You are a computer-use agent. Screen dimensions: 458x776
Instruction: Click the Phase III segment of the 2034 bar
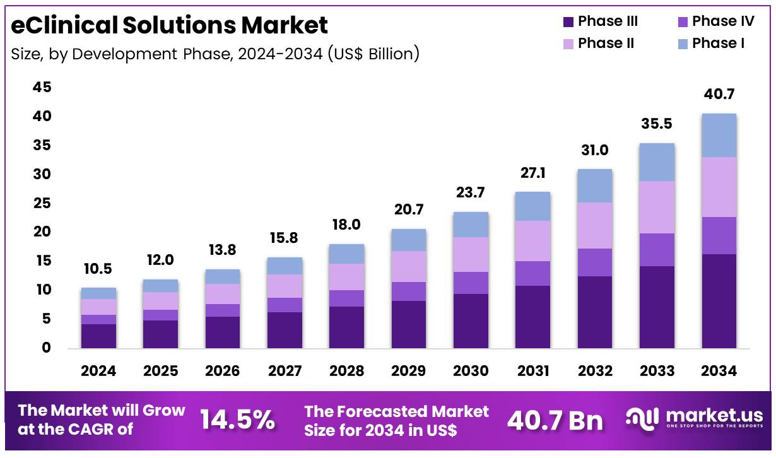click(719, 301)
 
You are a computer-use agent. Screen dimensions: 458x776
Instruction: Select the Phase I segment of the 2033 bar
click(657, 162)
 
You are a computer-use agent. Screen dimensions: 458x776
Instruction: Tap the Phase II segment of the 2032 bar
click(595, 225)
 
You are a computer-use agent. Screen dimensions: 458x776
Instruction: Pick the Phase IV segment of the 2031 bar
click(532, 273)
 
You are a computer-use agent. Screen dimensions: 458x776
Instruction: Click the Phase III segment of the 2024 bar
click(98, 336)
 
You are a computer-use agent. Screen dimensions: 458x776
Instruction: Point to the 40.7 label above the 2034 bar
click(719, 95)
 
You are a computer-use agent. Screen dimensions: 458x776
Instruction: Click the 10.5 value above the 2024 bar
click(98, 269)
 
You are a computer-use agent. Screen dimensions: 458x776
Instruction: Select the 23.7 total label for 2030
click(471, 193)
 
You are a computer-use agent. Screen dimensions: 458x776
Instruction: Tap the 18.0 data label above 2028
click(346, 225)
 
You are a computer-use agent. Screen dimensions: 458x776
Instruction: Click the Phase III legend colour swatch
click(568, 22)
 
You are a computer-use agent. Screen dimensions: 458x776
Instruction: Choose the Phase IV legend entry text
click(722, 21)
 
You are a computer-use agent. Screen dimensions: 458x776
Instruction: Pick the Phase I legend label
click(718, 44)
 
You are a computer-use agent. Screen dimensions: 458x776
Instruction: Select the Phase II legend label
click(606, 44)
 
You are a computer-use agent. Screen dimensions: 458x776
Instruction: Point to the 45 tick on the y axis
click(42, 88)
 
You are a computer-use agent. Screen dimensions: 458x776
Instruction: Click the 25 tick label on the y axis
click(42, 203)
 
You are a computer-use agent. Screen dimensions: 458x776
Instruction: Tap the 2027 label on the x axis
click(285, 371)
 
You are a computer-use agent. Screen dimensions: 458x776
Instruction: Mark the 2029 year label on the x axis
click(408, 371)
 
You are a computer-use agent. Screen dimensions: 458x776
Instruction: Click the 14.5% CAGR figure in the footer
click(237, 420)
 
